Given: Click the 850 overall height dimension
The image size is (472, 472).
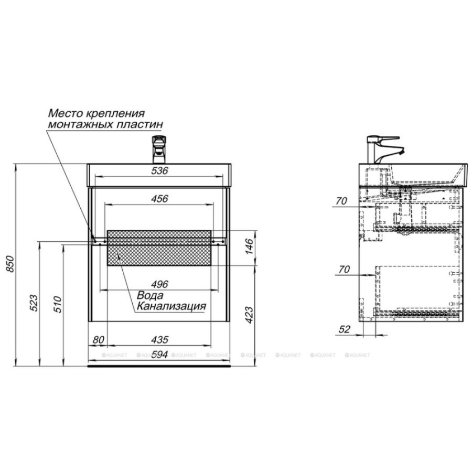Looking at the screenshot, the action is coord(10,264).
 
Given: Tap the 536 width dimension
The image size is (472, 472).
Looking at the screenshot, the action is coord(159,170).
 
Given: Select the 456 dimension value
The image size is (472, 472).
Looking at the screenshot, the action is coord(159,199).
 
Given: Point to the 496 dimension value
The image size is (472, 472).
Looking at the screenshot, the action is coord(159,284).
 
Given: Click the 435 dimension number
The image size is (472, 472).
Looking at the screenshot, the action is coord(159,340).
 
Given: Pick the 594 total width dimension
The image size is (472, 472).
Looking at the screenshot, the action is coord(159,355).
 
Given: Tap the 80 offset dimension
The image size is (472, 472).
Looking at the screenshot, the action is coord(98,340).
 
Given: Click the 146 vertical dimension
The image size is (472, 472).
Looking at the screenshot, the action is coord(250,246).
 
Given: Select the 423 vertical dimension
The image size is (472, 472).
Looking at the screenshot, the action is coord(250,315).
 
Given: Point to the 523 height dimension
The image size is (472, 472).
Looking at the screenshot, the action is coord(34,303).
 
